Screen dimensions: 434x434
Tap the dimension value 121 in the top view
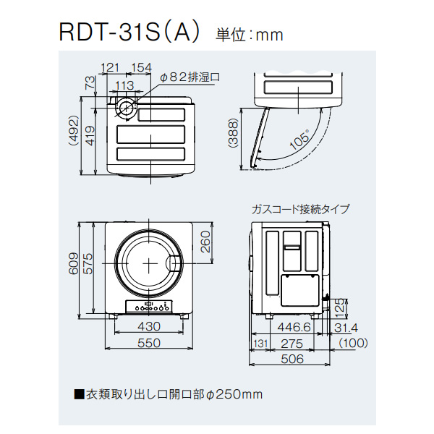pos(109,68)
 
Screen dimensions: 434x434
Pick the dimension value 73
pos(90,83)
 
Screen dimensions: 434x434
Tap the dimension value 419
pos(90,135)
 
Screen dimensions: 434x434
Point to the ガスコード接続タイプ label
pos(300,209)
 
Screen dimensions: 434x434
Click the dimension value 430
pos(148,327)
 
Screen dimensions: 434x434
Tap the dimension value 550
pos(148,344)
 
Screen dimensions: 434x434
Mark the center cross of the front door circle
pos(148,262)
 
